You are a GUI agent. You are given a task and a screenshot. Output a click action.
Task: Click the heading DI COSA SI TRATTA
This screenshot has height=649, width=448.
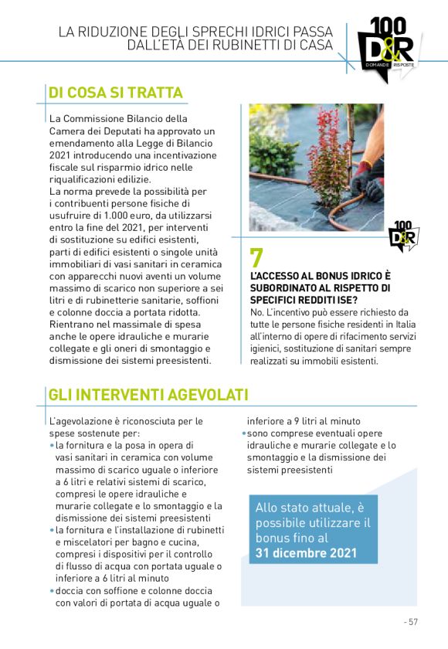click(x=116, y=93)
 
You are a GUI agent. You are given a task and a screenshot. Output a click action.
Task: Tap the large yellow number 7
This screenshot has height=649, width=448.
click(x=257, y=257)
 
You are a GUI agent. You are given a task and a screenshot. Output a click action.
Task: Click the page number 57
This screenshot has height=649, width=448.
click(x=412, y=621)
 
